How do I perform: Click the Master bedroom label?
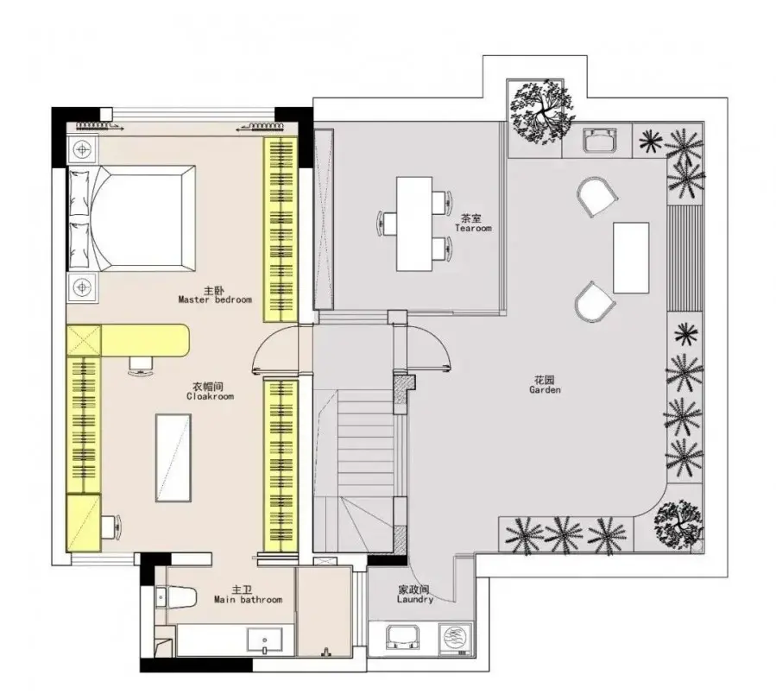pyautogui.click(x=215, y=295)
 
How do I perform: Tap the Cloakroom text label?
pyautogui.click(x=211, y=391)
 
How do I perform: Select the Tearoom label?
pyautogui.click(x=473, y=223)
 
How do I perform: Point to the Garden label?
pyautogui.click(x=545, y=384)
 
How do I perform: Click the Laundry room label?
pyautogui.click(x=414, y=595)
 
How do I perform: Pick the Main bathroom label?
pyautogui.click(x=248, y=595)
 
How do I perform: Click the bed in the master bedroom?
pyautogui.click(x=132, y=218)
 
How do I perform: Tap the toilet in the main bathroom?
pyautogui.click(x=176, y=597)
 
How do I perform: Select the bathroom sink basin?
pyautogui.click(x=265, y=640)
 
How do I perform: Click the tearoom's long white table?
pyautogui.click(x=414, y=224)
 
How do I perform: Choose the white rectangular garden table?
pyautogui.click(x=631, y=258)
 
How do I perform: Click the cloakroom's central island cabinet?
pyautogui.click(x=173, y=458)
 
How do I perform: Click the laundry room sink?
pyautogui.click(x=403, y=637)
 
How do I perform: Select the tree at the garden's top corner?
pyautogui.click(x=542, y=111)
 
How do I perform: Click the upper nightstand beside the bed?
pyautogui.click(x=83, y=149)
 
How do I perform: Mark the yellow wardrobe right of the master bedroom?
pyautogui.click(x=281, y=229)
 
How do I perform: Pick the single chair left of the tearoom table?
pyautogui.click(x=388, y=223)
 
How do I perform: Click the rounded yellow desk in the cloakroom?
pyautogui.click(x=145, y=340)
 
